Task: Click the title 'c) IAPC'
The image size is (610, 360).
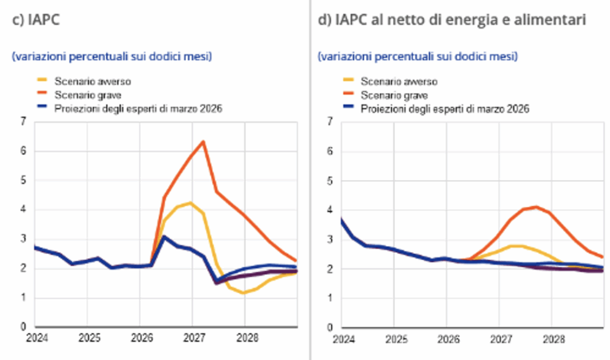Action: tap(36, 20)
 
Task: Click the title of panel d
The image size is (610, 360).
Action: tap(452, 20)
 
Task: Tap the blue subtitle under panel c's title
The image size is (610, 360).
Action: tap(112, 57)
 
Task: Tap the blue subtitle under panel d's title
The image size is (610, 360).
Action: tap(418, 57)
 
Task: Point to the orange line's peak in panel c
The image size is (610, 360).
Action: tap(203, 142)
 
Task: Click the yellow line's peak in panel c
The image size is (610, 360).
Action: tap(190, 203)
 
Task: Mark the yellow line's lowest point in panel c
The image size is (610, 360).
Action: tap(244, 293)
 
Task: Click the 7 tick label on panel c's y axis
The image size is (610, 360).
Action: tap(23, 122)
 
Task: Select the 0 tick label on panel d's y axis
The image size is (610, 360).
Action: tap(330, 327)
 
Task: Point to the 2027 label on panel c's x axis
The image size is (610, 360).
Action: tap(194, 337)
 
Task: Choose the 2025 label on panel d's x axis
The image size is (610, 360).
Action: tap(396, 339)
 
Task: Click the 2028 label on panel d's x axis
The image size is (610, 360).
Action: tap(553, 339)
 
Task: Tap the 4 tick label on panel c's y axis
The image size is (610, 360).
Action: tap(23, 209)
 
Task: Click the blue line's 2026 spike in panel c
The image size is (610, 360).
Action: tap(164, 237)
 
